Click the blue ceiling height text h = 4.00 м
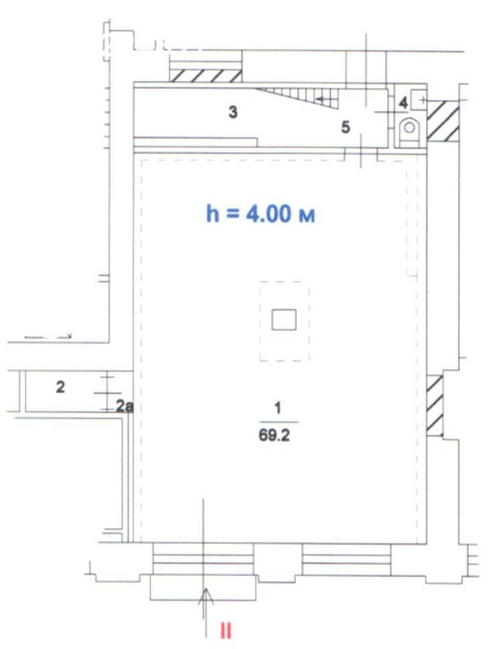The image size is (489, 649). [x=261, y=214]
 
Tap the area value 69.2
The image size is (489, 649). [x=274, y=435]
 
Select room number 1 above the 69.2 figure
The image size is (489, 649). [x=278, y=408]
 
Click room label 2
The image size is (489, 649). [x=60, y=387]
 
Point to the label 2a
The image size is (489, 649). [x=124, y=406]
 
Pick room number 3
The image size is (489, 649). [x=233, y=112]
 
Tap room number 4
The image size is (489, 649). [x=403, y=103]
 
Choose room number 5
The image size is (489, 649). [x=345, y=127]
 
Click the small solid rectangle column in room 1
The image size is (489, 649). [x=284, y=319]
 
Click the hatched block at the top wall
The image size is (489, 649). [x=207, y=75]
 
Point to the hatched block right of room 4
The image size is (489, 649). [x=443, y=120]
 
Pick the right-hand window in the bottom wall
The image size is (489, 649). [x=346, y=559]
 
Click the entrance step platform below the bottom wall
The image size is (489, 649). [x=203, y=587]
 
